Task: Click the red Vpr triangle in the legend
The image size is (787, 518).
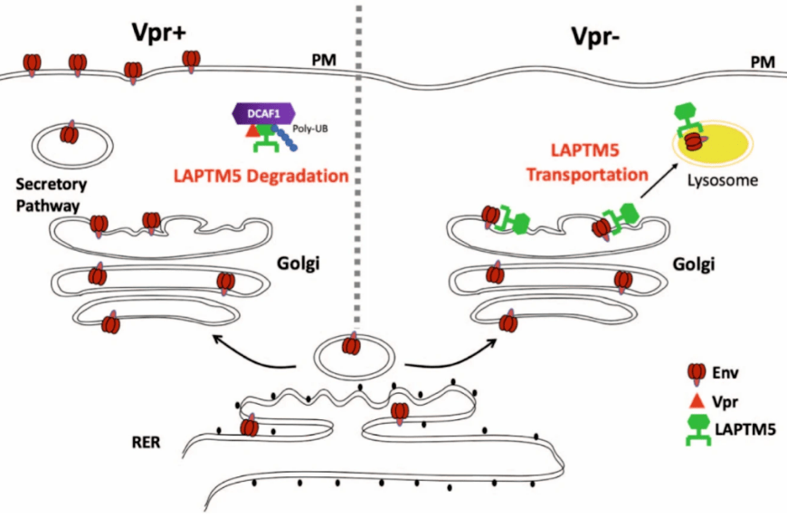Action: point(697,398)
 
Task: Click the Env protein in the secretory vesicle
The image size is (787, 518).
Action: point(69,135)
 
